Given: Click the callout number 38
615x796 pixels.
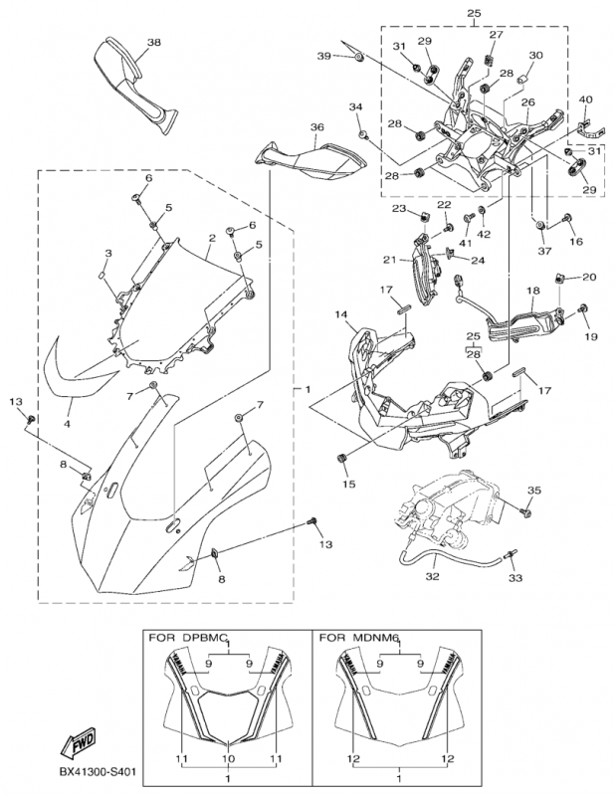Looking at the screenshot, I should pos(153,42).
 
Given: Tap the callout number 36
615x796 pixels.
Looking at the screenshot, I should pos(317,127).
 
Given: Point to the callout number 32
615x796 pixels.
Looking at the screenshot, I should pos(431,575).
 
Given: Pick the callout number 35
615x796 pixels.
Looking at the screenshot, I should pos(534,491).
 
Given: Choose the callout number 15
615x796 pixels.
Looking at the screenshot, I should pos(349,485).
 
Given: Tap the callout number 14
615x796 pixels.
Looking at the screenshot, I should pos(341,315).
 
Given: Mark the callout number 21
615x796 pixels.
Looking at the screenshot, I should pos(391,260).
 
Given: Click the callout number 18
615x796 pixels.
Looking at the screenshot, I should pos(532,291).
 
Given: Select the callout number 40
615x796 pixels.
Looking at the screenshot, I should pos(585,99).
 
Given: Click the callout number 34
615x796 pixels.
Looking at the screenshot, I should pos(355,106).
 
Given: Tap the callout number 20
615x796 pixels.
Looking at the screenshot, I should pos(589,277).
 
